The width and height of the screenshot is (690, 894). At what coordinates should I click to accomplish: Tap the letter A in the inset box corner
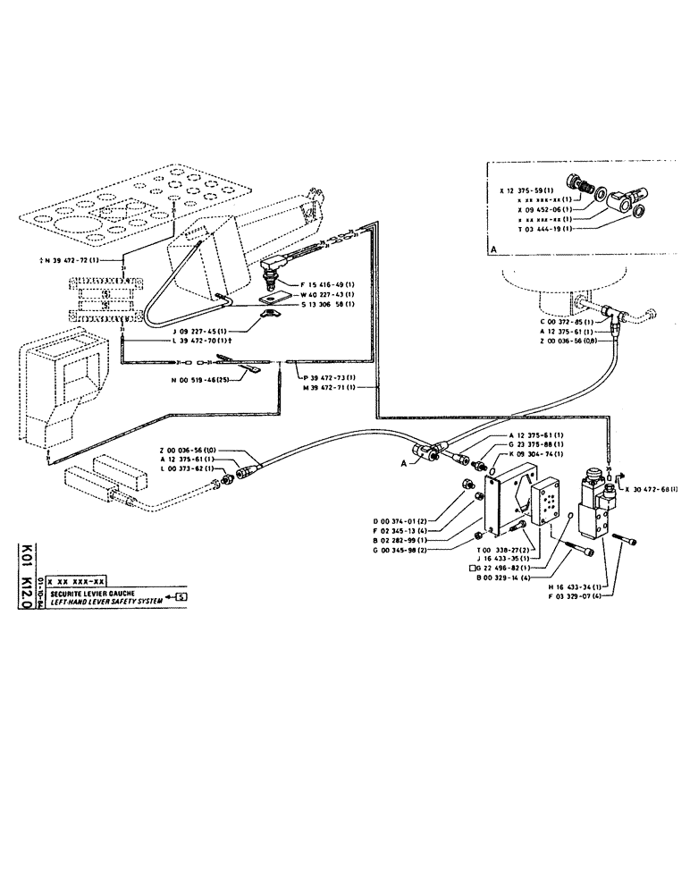click(492, 250)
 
